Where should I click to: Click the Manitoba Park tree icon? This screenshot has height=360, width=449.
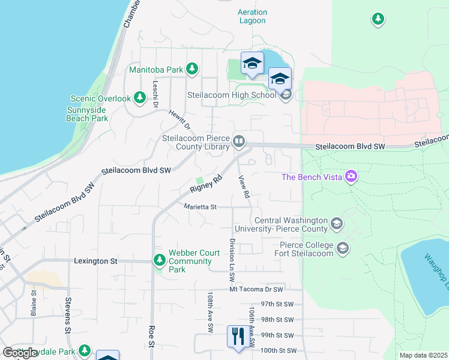(x=192, y=70)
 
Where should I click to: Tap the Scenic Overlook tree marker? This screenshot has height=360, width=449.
(x=140, y=97)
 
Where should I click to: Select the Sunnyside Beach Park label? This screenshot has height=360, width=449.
(x=87, y=114)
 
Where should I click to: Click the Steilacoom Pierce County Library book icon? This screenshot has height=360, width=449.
(x=239, y=142)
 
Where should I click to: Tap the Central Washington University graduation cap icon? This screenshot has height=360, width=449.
(x=337, y=224)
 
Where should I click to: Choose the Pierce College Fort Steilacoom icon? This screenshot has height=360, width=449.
(x=343, y=248)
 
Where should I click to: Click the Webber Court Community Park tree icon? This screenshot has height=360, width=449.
(x=160, y=260)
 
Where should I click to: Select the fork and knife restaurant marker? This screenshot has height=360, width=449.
(x=238, y=337)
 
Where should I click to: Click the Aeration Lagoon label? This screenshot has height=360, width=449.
(x=252, y=16)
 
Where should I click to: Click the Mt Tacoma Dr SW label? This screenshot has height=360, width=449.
(x=256, y=289)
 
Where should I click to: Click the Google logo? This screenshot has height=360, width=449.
(x=19, y=353)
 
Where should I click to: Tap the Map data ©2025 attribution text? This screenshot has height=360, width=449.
(x=423, y=355)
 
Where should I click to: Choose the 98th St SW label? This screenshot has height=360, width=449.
(x=278, y=320)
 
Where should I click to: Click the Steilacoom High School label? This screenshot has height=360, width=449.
(x=232, y=95)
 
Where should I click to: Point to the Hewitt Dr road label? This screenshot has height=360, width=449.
(x=179, y=119)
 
